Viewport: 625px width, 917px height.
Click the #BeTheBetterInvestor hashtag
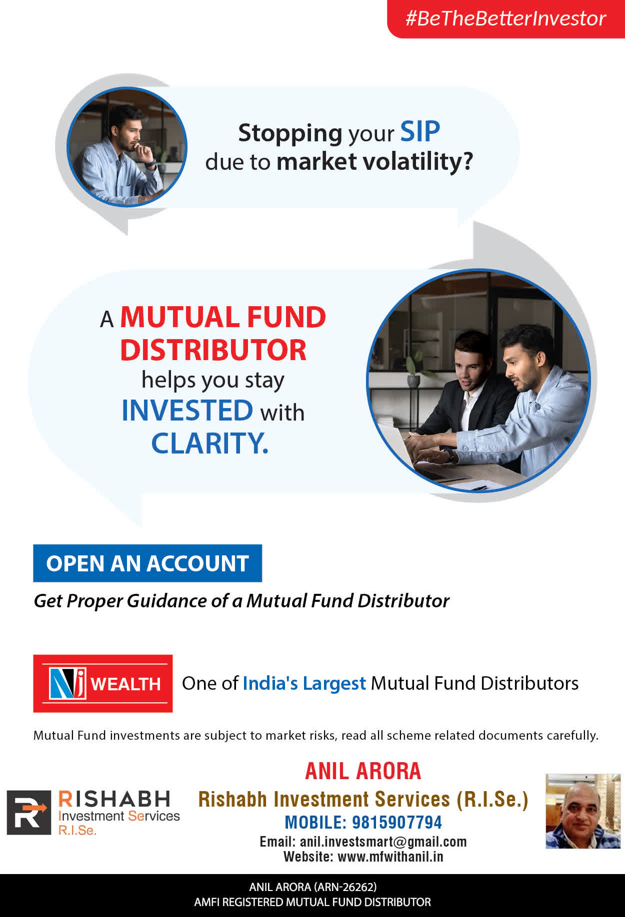[x=505, y=18]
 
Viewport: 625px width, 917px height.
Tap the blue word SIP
[x=420, y=132]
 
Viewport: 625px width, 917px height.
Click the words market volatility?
[x=374, y=162]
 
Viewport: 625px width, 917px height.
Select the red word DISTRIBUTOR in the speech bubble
[x=213, y=350]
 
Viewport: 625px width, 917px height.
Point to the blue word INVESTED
[x=187, y=410]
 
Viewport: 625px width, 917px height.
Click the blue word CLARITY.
[x=209, y=443]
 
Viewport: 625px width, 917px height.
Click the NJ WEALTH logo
[x=103, y=683]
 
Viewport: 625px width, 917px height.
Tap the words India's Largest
[x=304, y=683]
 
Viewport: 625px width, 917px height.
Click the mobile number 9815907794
[x=397, y=822]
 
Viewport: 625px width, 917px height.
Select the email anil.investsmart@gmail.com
[x=383, y=842]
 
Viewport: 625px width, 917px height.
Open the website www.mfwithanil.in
[x=390, y=857]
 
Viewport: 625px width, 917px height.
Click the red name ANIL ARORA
[x=363, y=771]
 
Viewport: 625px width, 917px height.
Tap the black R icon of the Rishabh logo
[x=28, y=813]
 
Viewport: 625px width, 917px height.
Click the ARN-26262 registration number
[x=344, y=887]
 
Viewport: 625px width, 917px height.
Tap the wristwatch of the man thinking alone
[x=151, y=163]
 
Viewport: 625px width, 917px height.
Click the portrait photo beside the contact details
[x=583, y=811]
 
